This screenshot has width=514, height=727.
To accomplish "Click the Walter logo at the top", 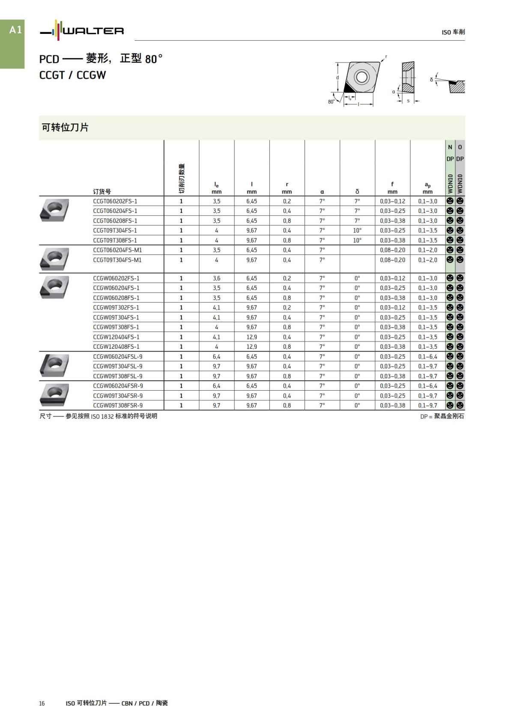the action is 82,31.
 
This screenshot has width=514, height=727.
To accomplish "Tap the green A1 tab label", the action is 15,30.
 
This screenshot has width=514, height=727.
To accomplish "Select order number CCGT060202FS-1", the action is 115,201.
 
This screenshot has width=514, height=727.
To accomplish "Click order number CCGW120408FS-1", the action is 116,347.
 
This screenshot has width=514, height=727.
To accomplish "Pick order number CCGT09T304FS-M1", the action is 117,260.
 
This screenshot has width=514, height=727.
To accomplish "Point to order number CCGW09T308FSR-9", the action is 118,405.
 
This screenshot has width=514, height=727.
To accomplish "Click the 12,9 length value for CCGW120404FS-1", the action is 251,337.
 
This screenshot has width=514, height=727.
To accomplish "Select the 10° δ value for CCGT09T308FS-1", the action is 357,240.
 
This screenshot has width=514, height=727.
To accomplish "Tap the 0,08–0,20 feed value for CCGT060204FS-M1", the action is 392,250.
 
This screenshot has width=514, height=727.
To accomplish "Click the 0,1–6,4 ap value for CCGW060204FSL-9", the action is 427,356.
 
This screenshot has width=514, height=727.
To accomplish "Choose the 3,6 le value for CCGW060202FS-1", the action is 216,278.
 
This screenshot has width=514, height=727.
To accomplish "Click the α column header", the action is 322,192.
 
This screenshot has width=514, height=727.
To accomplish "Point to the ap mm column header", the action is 427,188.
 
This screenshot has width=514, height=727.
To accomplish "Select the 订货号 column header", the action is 102,191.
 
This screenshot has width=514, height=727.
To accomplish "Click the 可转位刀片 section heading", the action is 65,127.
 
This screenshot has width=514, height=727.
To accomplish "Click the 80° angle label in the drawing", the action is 331,102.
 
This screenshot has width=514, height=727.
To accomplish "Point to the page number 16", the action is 42,703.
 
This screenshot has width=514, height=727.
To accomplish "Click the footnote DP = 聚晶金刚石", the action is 442,416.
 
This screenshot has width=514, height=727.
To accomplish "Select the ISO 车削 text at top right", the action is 453,32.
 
